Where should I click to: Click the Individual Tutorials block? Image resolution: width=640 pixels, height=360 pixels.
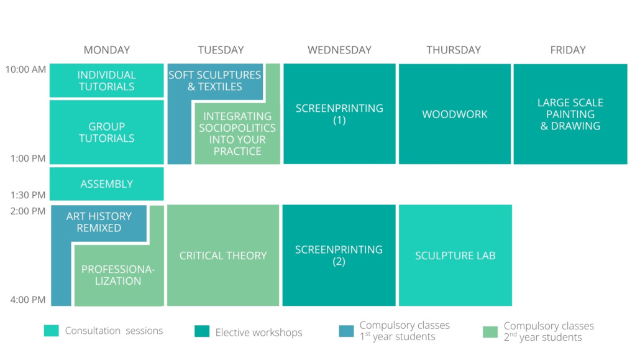pyautogui.click(x=106, y=80)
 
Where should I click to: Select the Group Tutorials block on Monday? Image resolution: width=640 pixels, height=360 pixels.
pyautogui.click(x=106, y=132)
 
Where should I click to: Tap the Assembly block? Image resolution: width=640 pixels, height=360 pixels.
pyautogui.click(x=106, y=184)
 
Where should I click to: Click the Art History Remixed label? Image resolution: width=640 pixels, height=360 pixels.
pyautogui.click(x=99, y=222)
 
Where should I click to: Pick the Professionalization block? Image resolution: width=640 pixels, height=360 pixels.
pyautogui.click(x=118, y=275)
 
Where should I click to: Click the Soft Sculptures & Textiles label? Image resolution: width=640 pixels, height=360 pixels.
pyautogui.click(x=215, y=81)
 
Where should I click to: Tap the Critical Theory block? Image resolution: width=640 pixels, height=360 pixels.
pyautogui.click(x=223, y=256)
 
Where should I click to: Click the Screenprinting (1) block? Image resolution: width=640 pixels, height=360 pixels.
pyautogui.click(x=339, y=114)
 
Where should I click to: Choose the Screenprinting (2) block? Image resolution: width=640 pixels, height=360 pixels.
pyautogui.click(x=339, y=256)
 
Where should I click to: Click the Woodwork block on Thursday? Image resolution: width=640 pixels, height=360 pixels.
pyautogui.click(x=455, y=114)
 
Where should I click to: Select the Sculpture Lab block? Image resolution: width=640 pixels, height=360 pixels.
pyautogui.click(x=455, y=256)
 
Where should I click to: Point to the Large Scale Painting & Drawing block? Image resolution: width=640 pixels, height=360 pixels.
pyautogui.click(x=570, y=114)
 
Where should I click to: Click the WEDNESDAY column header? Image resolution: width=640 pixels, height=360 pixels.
pyautogui.click(x=340, y=50)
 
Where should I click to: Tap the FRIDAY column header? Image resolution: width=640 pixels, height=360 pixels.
pyautogui.click(x=568, y=50)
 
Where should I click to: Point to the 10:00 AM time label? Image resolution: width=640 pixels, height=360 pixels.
pyautogui.click(x=25, y=70)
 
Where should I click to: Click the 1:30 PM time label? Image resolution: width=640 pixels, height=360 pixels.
pyautogui.click(x=28, y=195)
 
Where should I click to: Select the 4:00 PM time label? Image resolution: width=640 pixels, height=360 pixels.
pyautogui.click(x=28, y=300)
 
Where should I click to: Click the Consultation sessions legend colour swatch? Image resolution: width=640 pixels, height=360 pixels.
pyautogui.click(x=52, y=331)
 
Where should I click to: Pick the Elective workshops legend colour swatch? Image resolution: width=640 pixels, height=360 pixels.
pyautogui.click(x=202, y=331)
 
